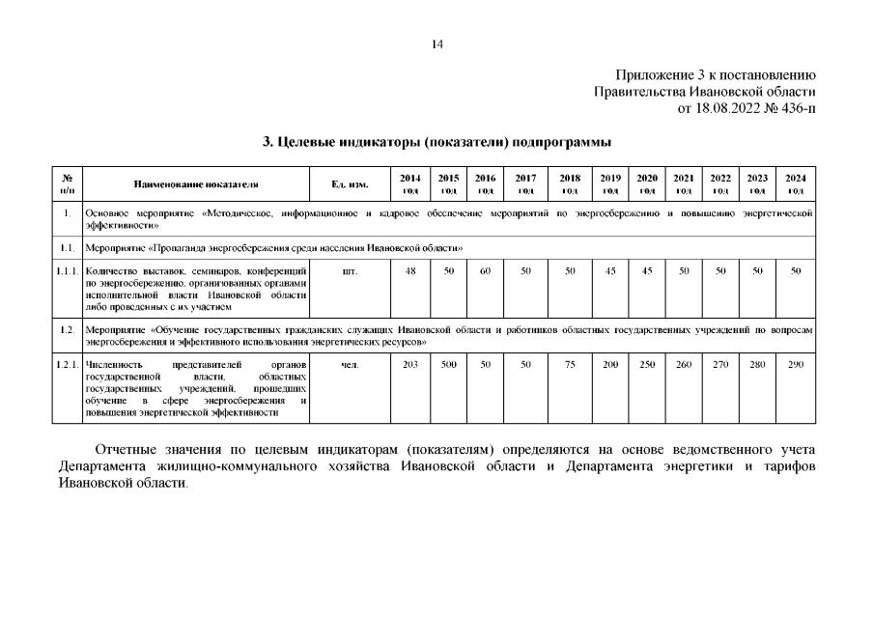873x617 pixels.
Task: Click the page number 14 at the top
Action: [x=436, y=43]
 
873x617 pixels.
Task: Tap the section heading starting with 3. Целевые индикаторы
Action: [x=436, y=142]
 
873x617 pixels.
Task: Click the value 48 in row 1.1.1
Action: [x=410, y=271]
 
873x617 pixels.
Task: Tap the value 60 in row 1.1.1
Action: [x=486, y=271]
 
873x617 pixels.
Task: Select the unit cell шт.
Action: [x=349, y=271]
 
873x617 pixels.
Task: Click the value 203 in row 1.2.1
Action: [x=410, y=364]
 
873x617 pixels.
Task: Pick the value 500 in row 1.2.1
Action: [x=448, y=364]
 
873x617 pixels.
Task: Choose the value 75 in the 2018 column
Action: [x=570, y=364]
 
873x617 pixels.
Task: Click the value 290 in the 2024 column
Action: [x=795, y=364]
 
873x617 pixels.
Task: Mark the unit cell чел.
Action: [x=349, y=364]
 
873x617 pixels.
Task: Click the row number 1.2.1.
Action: [x=67, y=364]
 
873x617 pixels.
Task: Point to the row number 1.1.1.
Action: [x=67, y=271]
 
